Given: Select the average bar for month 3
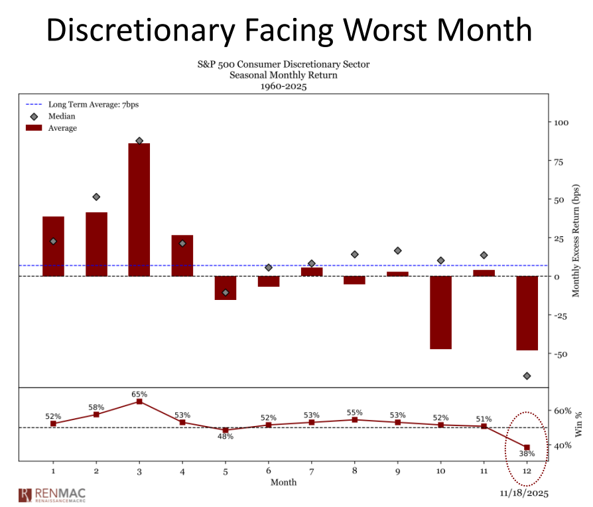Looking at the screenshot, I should pyautogui.click(x=139, y=210).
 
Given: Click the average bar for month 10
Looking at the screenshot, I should pyautogui.click(x=440, y=312).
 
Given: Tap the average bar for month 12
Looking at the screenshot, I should pyautogui.click(x=527, y=313).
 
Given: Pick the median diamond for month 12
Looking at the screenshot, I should pyautogui.click(x=527, y=376).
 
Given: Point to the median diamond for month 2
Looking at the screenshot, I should pyautogui.click(x=96, y=197).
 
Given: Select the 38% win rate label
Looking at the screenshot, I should pyautogui.click(x=527, y=454).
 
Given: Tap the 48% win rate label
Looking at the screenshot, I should pyautogui.click(x=226, y=437).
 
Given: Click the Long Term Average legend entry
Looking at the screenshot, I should pyautogui.click(x=93, y=104).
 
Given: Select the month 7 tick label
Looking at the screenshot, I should pyautogui.click(x=311, y=471).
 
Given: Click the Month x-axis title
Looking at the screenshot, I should pyautogui.click(x=283, y=482).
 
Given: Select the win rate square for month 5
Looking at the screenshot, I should pyautogui.click(x=226, y=430).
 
